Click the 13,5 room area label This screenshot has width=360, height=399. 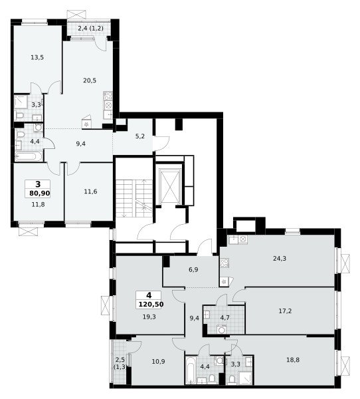coord(37,57)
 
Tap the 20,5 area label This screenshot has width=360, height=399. coord(90,80)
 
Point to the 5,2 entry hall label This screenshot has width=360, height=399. coord(140,136)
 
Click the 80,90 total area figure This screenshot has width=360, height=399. coord(40,194)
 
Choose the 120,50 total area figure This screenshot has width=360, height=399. coord(151,305)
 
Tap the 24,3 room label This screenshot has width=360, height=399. coord(280,259)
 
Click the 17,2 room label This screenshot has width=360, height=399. coord(285,311)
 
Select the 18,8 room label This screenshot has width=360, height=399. coord(293,360)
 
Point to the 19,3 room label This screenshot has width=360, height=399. coord(149,317)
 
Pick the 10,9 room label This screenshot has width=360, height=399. coord(158,361)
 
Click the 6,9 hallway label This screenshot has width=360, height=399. coord(193,270)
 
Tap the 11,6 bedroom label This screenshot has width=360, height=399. coord(90,192)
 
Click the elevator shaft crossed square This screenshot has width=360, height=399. coord(169,186)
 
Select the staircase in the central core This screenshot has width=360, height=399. coord(134,198)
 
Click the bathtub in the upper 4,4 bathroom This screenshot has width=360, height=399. coord(29,156)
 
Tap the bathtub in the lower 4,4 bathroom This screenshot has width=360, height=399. coord(191,370)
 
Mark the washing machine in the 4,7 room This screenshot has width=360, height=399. coord(222,330)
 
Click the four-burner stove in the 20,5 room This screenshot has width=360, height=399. coord(108,96)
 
